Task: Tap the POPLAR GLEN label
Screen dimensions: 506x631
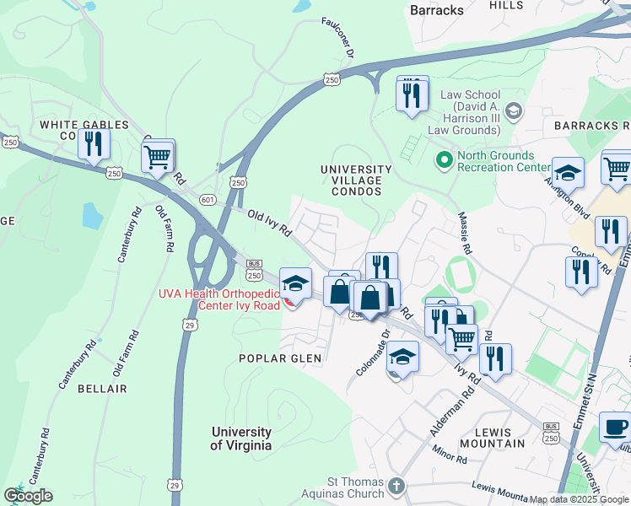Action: (280, 358)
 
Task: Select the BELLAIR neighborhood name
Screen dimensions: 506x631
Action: (101, 389)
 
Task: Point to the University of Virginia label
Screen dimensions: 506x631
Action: (241, 439)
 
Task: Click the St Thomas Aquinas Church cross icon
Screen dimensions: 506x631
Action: (397, 487)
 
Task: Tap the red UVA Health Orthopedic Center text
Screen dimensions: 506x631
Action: (219, 299)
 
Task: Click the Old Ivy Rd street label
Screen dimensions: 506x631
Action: (269, 222)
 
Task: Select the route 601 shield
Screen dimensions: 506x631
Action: (208, 199)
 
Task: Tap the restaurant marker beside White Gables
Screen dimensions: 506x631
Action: (94, 144)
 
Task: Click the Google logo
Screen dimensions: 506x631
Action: (28, 496)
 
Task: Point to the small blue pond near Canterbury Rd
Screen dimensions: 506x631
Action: (91, 216)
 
